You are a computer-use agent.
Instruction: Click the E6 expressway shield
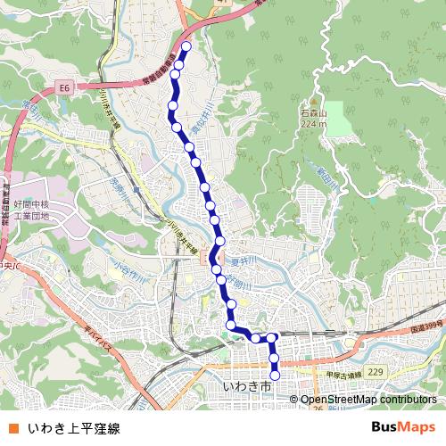pos(63,87)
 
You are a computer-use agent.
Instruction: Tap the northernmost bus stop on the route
pos(186,47)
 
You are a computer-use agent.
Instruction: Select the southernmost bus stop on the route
pos(275,376)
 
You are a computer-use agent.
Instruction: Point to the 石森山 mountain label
pos(314,114)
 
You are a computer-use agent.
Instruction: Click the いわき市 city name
pos(246,387)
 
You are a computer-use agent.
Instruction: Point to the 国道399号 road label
pos(426,330)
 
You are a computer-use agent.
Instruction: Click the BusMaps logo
pos(403,428)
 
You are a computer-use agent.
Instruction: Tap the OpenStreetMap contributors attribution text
pos(368,400)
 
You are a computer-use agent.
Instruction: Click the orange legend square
pos(12,428)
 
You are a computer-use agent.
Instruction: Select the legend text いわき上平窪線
pos(73,428)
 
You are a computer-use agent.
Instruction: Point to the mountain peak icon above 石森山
pos(314,103)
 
